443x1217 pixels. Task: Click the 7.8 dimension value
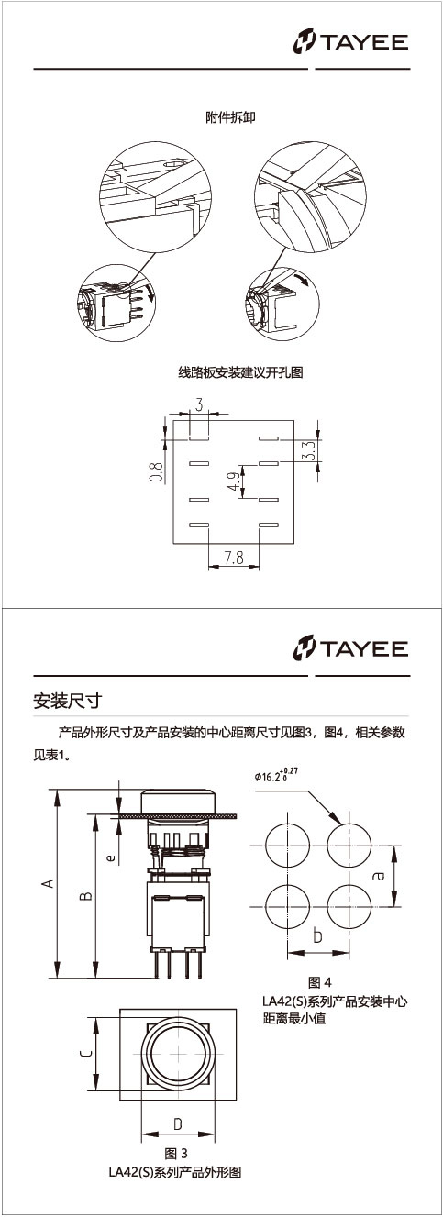click(x=233, y=558)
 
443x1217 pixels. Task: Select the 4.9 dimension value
click(x=234, y=481)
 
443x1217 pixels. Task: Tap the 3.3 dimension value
click(x=309, y=451)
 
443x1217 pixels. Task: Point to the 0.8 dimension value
click(x=156, y=471)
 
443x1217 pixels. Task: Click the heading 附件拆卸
click(x=230, y=117)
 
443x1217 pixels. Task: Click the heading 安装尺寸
click(x=67, y=701)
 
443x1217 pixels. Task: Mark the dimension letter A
click(x=49, y=883)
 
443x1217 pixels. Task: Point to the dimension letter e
click(x=111, y=857)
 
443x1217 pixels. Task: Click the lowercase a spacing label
click(x=379, y=875)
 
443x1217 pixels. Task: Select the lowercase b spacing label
click(x=318, y=935)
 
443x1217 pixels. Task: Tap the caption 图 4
click(x=319, y=981)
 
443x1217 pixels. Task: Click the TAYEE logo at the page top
click(x=350, y=42)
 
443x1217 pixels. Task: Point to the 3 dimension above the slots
click(x=199, y=404)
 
